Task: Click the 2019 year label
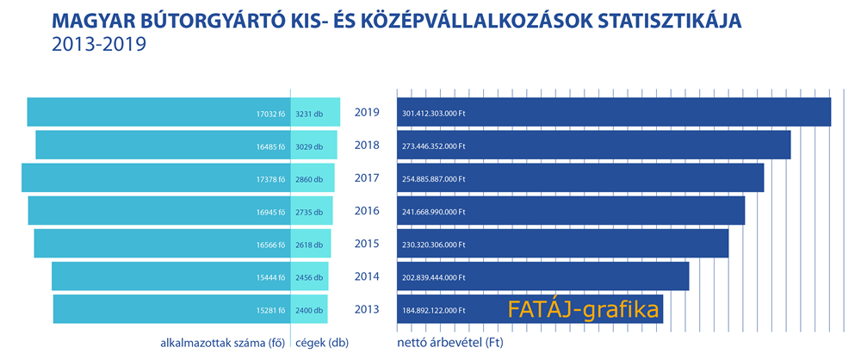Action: coord(367,112)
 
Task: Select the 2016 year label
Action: coord(367,211)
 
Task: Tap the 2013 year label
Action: coord(367,310)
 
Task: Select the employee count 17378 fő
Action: coord(271,179)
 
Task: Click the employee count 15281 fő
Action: coord(271,310)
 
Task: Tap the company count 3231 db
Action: coord(309,113)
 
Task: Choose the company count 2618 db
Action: coord(309,245)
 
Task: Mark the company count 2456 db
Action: coord(309,278)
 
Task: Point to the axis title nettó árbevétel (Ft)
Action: coord(449,342)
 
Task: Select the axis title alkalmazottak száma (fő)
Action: coord(222,342)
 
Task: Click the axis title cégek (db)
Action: coord(322,342)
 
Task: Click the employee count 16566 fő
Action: coord(271,245)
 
